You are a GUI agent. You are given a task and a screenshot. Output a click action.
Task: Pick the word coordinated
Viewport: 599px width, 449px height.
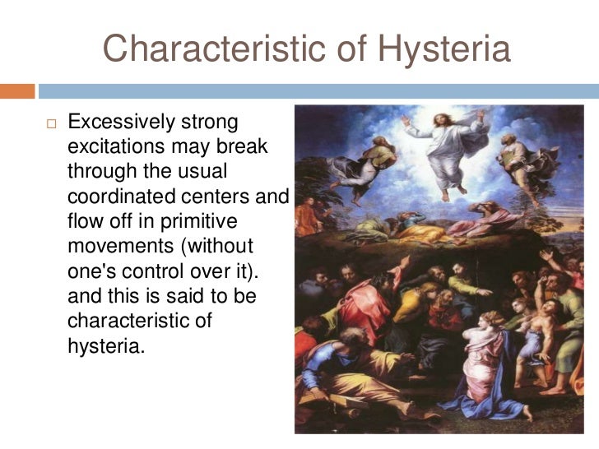click(x=126, y=198)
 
